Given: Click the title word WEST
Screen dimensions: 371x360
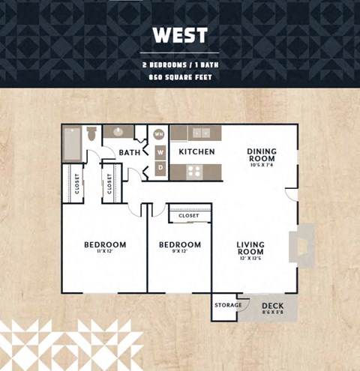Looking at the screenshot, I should click(x=179, y=35).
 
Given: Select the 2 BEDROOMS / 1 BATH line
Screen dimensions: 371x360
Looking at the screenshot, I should click(x=179, y=64).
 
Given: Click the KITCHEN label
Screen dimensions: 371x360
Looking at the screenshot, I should click(x=196, y=151).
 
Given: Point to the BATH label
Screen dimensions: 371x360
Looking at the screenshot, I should click(x=129, y=153).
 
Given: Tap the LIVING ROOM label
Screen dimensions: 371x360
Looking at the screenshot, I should click(x=250, y=249).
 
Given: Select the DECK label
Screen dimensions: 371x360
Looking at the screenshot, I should click(x=271, y=306).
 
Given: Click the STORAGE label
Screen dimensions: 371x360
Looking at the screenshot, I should click(x=228, y=305).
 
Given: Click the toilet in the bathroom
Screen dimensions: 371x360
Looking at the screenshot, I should click(x=91, y=135).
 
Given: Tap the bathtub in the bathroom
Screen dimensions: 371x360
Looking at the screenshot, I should click(x=72, y=143).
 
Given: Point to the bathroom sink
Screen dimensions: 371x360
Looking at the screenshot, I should click(x=118, y=132).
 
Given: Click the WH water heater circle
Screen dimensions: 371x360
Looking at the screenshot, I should click(x=159, y=134).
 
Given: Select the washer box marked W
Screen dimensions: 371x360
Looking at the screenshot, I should click(x=159, y=151).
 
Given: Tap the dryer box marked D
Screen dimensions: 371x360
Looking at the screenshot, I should click(x=159, y=168).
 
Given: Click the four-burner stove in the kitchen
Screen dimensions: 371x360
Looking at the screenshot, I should click(x=194, y=171).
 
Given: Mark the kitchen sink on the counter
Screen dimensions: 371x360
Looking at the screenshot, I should click(x=201, y=133).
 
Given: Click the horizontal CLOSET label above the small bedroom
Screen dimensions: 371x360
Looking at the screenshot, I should click(x=189, y=216).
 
